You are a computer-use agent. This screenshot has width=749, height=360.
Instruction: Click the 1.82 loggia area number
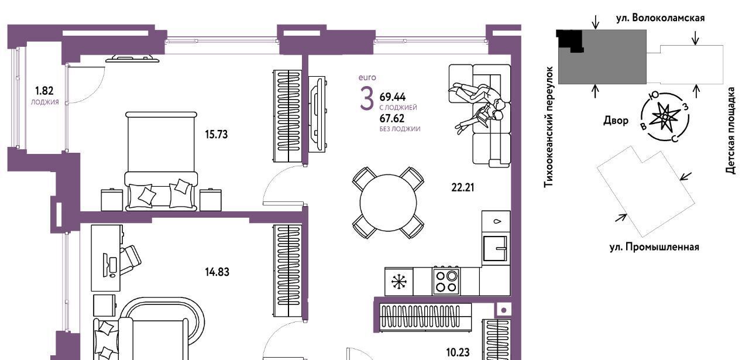(x=44, y=91)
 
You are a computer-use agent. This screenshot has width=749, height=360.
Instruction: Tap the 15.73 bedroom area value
(x=217, y=135)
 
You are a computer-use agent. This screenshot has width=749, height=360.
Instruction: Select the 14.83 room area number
(x=217, y=272)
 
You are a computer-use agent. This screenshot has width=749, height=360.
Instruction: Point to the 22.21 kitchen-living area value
(x=463, y=188)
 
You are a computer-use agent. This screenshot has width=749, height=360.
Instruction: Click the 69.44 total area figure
(x=393, y=97)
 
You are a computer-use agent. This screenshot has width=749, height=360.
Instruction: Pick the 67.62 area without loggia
(x=392, y=118)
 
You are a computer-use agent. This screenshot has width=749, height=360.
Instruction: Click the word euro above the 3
(x=367, y=78)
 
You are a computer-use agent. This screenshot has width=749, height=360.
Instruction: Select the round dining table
(x=388, y=203)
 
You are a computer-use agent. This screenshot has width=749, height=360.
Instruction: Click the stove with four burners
(x=446, y=281)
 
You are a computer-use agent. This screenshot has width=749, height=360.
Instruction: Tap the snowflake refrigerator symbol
(x=399, y=282)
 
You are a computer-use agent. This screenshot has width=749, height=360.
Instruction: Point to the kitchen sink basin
(x=495, y=249)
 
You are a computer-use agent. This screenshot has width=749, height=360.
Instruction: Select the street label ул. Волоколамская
(x=661, y=18)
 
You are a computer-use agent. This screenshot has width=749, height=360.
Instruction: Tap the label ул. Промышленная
(x=654, y=247)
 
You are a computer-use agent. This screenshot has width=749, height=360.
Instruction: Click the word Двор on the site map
(x=616, y=121)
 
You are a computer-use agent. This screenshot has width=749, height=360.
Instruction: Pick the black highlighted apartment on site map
(x=570, y=40)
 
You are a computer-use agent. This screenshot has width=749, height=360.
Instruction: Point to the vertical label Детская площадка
(x=731, y=131)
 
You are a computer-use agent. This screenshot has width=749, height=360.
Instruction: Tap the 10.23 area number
(x=458, y=352)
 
